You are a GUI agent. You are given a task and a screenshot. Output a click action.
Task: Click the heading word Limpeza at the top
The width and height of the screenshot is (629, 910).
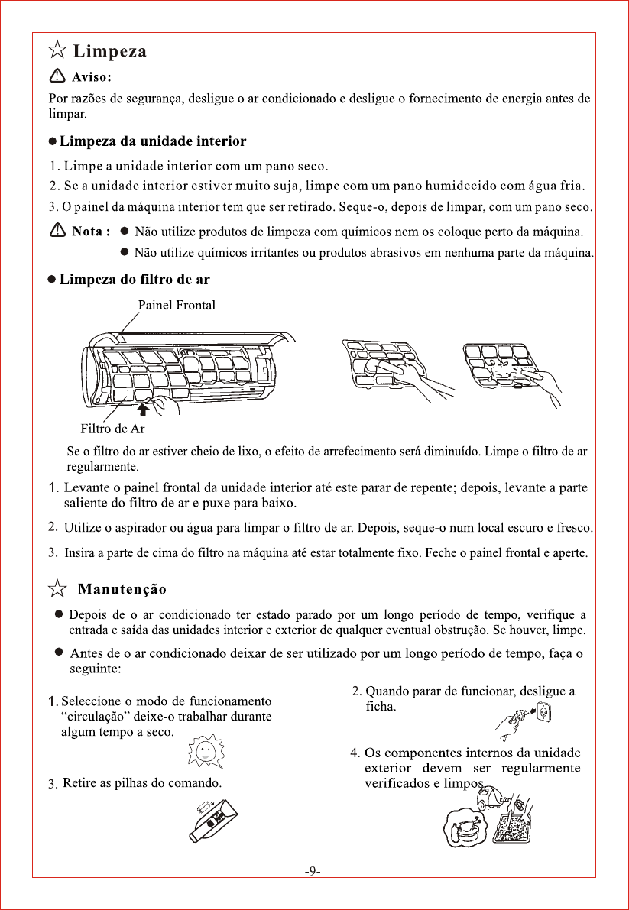109,52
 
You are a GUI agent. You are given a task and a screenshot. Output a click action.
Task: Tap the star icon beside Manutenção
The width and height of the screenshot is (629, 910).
57,588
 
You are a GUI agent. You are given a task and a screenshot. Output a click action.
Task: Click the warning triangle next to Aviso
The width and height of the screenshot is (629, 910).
57,76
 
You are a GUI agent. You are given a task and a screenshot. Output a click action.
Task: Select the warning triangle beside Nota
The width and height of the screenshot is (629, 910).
57,231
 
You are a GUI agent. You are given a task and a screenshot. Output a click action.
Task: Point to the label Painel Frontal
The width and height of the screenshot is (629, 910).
177,306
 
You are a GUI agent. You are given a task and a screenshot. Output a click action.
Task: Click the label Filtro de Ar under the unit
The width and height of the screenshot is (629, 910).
112,428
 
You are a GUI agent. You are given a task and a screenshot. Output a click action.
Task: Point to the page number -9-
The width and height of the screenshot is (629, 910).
313,871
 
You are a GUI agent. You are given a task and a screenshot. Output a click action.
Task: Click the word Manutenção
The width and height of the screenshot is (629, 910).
122,589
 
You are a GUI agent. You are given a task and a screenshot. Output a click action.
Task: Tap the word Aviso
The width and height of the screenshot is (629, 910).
92,76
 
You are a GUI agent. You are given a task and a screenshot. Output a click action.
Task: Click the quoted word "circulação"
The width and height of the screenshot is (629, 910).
93,716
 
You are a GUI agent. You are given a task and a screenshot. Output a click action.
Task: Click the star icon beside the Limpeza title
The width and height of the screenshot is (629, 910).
57,51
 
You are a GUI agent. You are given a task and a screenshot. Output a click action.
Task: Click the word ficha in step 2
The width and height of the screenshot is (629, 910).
381,706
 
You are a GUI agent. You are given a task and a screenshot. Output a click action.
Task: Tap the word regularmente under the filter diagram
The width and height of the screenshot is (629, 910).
103,465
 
